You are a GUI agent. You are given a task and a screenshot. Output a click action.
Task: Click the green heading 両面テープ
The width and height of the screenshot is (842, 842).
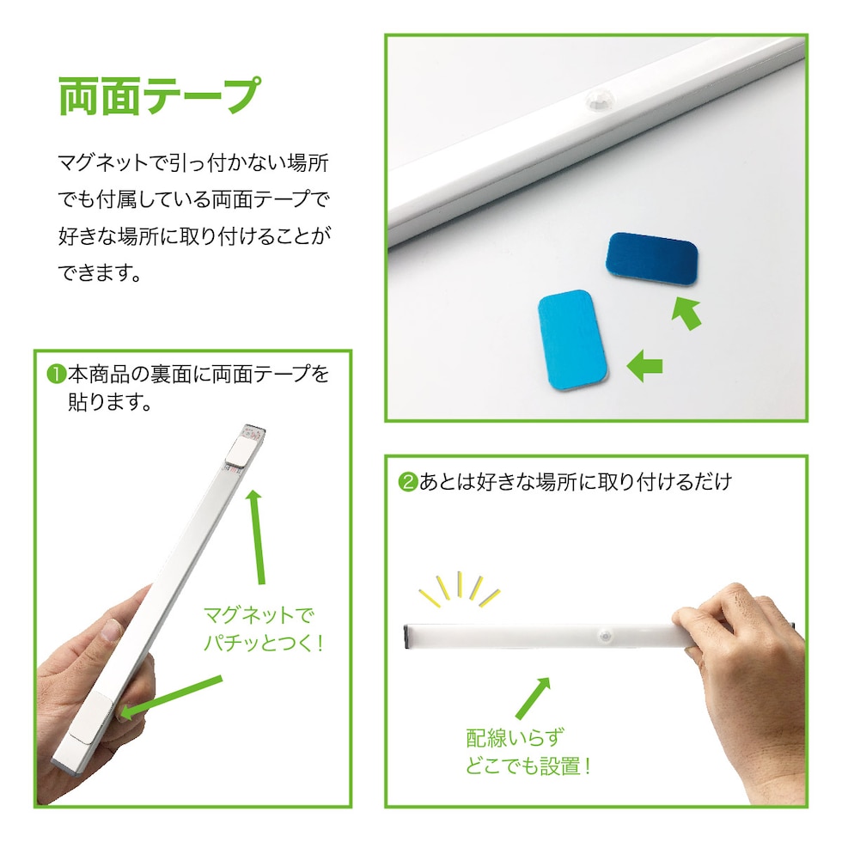click(x=160, y=95)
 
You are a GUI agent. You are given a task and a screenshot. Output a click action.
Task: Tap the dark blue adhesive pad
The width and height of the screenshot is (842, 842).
click(x=651, y=259)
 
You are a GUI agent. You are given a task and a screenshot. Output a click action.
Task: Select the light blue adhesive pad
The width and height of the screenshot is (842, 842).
click(x=573, y=340)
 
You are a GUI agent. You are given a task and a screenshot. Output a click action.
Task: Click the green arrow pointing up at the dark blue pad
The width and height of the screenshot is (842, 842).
click(x=686, y=314)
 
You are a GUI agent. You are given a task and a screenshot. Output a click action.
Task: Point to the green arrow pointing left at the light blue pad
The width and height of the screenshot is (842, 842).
click(x=644, y=366)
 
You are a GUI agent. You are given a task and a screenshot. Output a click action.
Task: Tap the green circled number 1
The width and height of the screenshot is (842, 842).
click(x=56, y=375)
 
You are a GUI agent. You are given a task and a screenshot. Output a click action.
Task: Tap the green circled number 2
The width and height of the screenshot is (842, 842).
click(x=407, y=482)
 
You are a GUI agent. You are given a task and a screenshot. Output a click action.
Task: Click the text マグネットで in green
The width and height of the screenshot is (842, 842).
click(x=259, y=615)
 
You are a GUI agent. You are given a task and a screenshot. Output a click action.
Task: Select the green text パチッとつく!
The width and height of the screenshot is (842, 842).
click(x=263, y=643)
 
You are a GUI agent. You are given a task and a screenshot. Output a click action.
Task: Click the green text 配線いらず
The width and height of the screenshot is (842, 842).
click(x=515, y=738)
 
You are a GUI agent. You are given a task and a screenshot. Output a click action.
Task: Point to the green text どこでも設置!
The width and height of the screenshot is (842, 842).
click(x=528, y=766)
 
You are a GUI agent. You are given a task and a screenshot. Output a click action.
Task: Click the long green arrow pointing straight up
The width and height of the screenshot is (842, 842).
click(x=257, y=536)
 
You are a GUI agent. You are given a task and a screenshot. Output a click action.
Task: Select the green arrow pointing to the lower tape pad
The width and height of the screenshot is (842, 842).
click(x=171, y=697)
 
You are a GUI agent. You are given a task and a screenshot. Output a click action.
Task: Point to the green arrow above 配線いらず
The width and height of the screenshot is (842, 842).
click(x=533, y=698)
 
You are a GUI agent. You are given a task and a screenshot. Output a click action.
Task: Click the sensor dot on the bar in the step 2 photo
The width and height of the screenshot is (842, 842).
click(x=607, y=636)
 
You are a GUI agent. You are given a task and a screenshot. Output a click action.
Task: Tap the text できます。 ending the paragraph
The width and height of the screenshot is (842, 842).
click(x=100, y=273)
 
